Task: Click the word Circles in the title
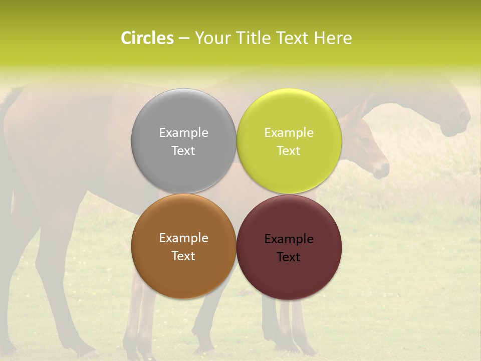point(147,38)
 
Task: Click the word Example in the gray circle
point(183,132)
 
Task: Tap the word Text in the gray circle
point(183,150)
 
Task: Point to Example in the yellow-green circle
point(289,132)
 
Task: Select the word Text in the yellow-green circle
point(289,150)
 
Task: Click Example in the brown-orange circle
point(183,238)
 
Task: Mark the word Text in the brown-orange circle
point(183,256)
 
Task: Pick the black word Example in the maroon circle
point(289,239)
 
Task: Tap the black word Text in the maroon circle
point(289,257)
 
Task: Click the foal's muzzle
point(382,170)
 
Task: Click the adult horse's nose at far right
point(463,120)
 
